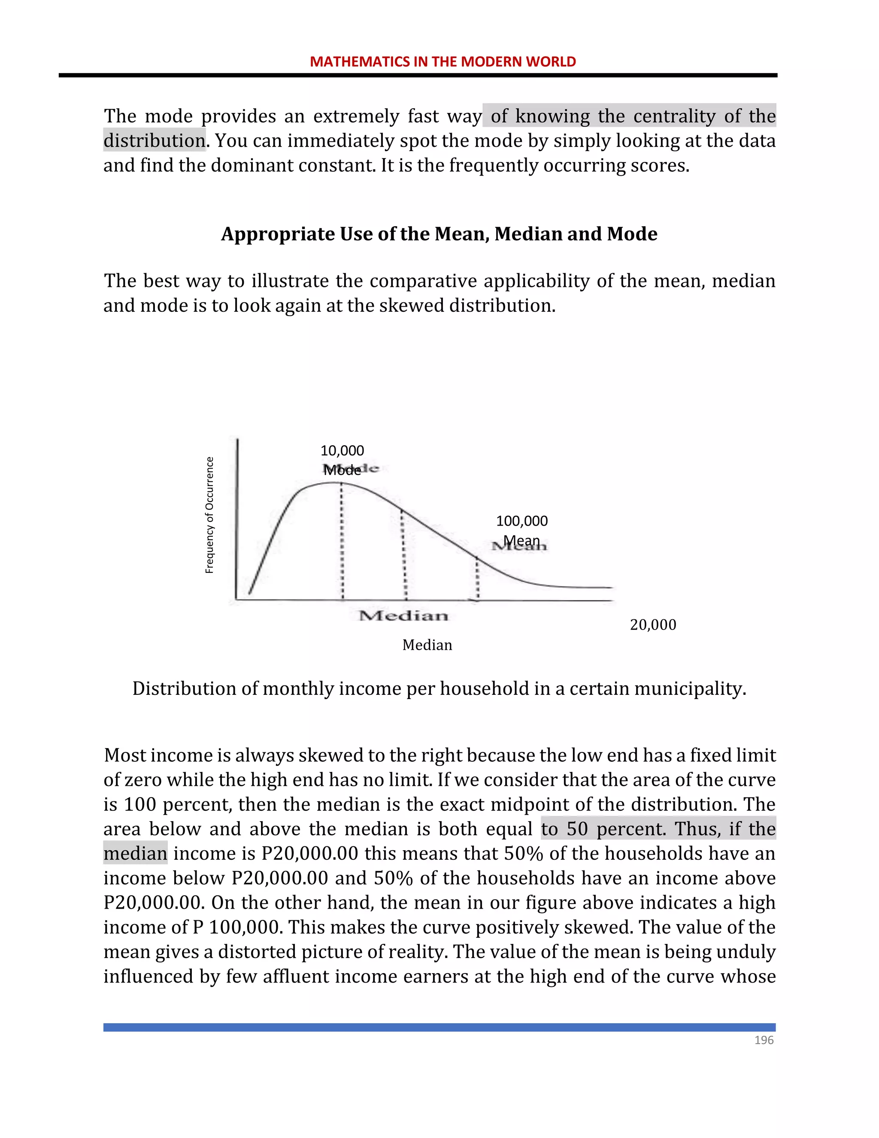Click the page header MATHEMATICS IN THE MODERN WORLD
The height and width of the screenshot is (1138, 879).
(x=443, y=61)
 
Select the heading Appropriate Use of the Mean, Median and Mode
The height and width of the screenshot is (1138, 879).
(x=439, y=234)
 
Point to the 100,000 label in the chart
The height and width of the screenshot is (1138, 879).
(x=522, y=521)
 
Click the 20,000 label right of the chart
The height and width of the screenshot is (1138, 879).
(x=653, y=625)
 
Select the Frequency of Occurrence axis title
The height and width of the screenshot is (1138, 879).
(x=209, y=515)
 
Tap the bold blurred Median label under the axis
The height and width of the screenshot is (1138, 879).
(x=403, y=616)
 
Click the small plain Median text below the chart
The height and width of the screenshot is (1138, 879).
(x=427, y=645)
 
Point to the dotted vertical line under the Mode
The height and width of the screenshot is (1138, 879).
(x=342, y=542)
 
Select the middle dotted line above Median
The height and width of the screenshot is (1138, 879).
(x=403, y=555)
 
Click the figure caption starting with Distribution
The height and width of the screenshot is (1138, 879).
(x=439, y=689)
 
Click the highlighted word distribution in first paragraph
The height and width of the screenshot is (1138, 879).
(x=154, y=141)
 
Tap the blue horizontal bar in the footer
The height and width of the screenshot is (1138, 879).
(x=439, y=1027)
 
